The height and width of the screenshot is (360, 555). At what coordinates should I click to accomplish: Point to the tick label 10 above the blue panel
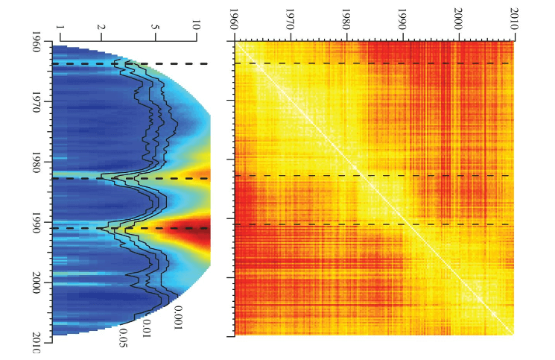point(195,25)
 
